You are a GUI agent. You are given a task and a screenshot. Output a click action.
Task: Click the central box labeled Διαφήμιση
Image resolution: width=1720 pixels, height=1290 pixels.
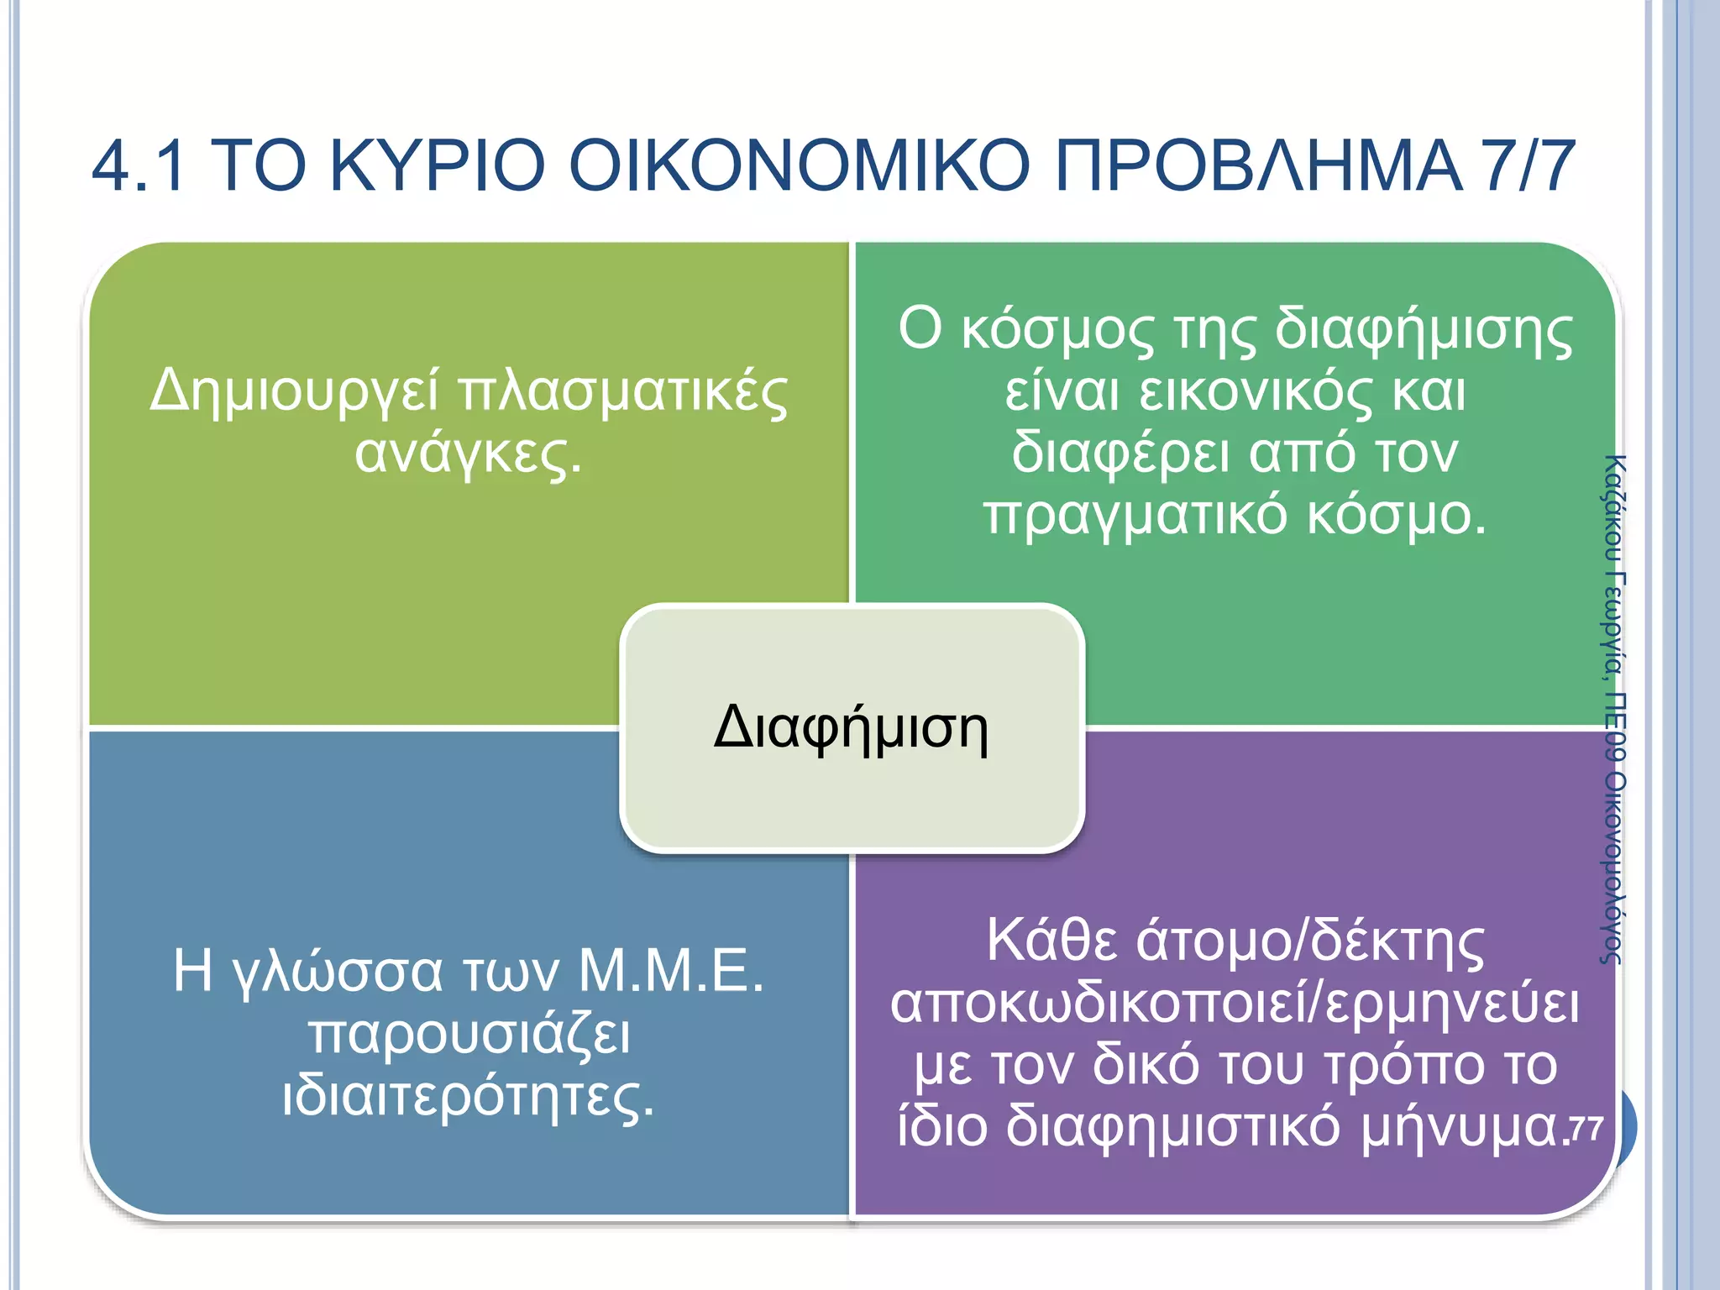pyautogui.click(x=852, y=727)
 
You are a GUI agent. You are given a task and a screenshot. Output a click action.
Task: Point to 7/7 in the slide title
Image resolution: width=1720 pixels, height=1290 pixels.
pyautogui.click(x=1528, y=165)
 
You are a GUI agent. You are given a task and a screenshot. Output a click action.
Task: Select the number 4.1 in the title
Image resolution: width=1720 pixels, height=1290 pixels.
pyautogui.click(x=139, y=165)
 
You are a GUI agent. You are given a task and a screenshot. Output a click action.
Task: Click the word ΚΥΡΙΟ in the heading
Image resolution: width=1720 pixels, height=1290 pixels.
pyautogui.click(x=438, y=165)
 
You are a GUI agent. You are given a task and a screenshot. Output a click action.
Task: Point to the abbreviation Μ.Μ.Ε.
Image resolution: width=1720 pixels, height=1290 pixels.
pyautogui.click(x=671, y=971)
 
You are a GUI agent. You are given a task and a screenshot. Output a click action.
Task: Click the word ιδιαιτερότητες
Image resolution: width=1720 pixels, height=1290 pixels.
pyautogui.click(x=468, y=1096)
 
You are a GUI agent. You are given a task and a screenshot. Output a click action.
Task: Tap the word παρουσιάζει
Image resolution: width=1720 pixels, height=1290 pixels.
pyautogui.click(x=469, y=1035)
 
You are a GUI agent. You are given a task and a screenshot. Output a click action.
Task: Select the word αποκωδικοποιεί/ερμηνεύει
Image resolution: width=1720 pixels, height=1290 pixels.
pyautogui.click(x=1235, y=1004)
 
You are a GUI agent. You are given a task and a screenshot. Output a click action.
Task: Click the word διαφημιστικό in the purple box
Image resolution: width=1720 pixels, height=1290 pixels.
pyautogui.click(x=1173, y=1127)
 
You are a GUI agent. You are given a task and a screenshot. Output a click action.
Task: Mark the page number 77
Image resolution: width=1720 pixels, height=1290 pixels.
pyautogui.click(x=1586, y=1128)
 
